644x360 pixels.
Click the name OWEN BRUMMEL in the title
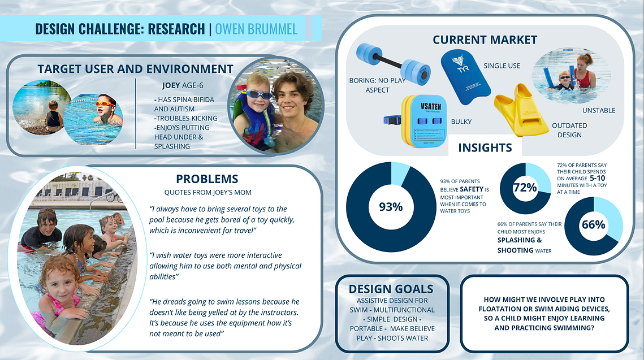tap(256, 29)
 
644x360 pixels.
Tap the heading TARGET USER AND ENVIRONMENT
tap(136, 69)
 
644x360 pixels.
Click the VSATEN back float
tap(423, 121)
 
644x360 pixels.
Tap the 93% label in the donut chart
tap(391, 207)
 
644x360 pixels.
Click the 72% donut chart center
tap(525, 188)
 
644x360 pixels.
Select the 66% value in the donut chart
tap(594, 225)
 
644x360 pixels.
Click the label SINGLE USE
tap(502, 66)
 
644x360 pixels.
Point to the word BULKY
tap(461, 122)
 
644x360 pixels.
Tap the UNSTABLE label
tap(599, 110)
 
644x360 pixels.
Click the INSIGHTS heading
tap(485, 148)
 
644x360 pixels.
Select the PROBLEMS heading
tap(207, 179)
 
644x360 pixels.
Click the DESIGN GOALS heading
tap(391, 289)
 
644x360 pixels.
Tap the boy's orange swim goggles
tap(105, 103)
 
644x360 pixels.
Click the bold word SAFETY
tap(472, 189)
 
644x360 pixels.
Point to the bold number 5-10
tap(597, 178)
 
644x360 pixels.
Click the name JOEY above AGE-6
tap(171, 85)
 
